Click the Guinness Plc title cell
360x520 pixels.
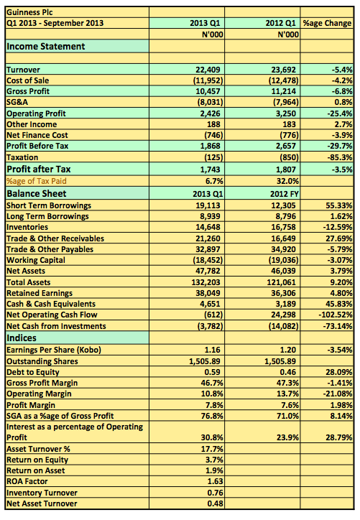(29, 13)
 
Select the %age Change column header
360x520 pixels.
(327, 23)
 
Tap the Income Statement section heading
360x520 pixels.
(46, 47)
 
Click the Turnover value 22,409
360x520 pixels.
(208, 70)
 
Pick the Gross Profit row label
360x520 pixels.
(28, 91)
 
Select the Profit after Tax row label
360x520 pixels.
(39, 169)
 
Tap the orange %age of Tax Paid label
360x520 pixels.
(37, 181)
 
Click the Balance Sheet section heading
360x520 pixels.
(37, 194)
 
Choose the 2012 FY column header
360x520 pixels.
(285, 194)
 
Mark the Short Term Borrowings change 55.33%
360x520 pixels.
(338, 205)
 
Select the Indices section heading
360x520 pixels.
(22, 338)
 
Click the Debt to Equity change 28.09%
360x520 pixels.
(338, 372)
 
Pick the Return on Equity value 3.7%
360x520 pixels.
(214, 460)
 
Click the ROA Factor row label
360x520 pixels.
(27, 481)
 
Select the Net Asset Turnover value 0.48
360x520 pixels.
(216, 503)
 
